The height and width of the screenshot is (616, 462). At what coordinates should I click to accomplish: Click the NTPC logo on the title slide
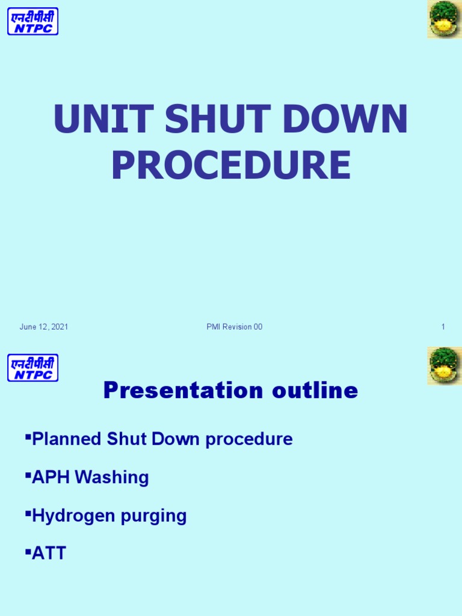pos(33,21)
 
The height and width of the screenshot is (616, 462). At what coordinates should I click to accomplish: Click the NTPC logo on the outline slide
pos(33,368)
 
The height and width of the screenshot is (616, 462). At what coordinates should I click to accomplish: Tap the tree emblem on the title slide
pos(444,19)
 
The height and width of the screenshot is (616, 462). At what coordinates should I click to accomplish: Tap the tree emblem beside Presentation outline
pos(444,366)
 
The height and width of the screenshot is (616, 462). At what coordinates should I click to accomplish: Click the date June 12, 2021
pos(43,327)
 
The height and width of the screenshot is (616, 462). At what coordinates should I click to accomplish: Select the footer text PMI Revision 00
pos(234,327)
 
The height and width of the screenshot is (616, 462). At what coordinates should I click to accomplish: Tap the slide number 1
pos(443,327)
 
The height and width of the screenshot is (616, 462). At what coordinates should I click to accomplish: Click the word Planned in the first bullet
pos(67,439)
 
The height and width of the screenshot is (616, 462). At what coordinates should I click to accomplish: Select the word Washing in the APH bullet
pos(117,478)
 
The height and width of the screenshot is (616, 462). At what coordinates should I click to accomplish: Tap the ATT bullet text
pos(49,553)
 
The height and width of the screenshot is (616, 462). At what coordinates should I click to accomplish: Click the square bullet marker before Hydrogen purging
pos(28,513)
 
